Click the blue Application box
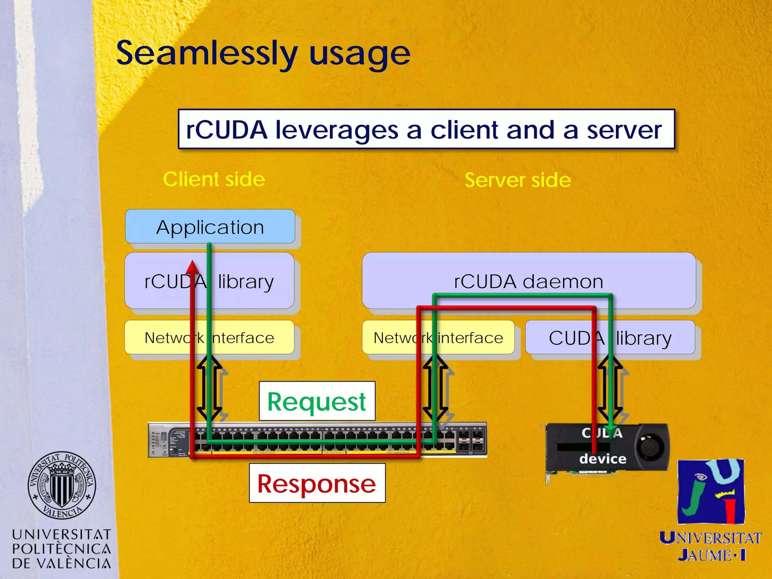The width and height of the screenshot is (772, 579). tap(210, 227)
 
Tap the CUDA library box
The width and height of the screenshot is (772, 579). tap(610, 337)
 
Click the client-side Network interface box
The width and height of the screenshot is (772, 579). tap(209, 337)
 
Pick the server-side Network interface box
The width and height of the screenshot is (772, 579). tap(438, 337)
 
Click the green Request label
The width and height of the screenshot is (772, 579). tap(317, 401)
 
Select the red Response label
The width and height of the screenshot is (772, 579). tap(317, 483)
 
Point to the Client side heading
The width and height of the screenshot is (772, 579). tap(214, 179)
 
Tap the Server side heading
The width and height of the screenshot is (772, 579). tap(518, 180)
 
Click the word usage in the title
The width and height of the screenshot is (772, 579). tap(360, 54)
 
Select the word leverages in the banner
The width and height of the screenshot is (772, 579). tap(337, 130)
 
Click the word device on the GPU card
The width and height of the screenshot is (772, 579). tap(602, 459)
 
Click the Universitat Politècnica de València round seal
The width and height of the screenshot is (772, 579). tap(62, 485)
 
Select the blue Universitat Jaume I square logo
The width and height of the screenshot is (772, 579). tap(711, 491)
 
